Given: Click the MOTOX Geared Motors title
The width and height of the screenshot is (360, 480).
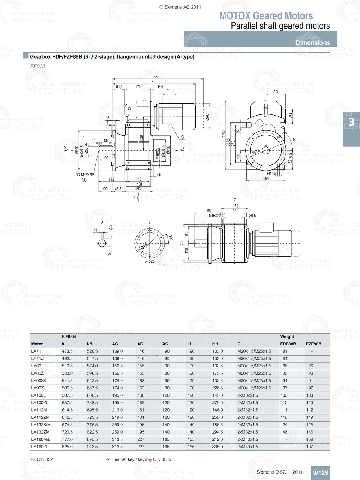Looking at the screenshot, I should click(266, 16).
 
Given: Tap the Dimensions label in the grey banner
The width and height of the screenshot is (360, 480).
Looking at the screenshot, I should click(312, 42).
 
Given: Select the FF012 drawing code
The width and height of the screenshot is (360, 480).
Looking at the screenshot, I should click(38, 66).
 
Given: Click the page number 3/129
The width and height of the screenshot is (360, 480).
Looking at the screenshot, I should click(320, 472).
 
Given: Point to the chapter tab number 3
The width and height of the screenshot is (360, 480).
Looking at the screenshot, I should click(351, 122).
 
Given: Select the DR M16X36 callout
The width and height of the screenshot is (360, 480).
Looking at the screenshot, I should click(84, 175).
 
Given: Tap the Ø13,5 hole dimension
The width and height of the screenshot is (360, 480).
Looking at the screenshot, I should click(271, 173).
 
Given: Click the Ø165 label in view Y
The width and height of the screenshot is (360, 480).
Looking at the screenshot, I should click(144, 245).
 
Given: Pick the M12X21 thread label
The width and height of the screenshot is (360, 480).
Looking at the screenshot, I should click(150, 262).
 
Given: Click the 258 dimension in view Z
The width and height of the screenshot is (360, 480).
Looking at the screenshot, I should click(182, 242).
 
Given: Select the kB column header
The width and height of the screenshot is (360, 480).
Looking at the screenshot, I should click(90, 344).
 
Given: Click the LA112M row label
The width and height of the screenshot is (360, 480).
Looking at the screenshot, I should click(39, 410).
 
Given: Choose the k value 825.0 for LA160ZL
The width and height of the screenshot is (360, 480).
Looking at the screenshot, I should click(67, 447).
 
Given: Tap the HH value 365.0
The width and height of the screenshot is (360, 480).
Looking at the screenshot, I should click(217, 447).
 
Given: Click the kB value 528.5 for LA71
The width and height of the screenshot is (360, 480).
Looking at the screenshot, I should click(92, 351).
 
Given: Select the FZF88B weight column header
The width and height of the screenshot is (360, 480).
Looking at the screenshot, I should click(314, 344).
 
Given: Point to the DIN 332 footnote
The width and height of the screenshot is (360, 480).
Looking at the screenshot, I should click(45, 459).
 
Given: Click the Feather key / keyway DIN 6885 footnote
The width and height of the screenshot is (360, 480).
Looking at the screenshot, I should click(141, 459).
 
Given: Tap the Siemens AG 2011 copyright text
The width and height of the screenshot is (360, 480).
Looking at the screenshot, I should click(180, 7).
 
